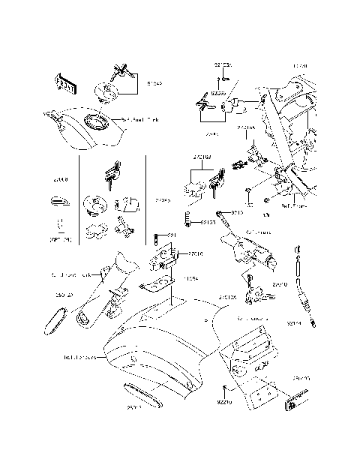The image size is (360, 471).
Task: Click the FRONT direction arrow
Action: pos(64,84)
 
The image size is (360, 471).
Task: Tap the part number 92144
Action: pos(295,324)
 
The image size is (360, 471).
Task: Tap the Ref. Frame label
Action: pos(293,204)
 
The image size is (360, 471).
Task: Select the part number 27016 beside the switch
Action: pos(195,254)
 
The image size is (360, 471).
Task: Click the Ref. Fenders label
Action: pos(79,358)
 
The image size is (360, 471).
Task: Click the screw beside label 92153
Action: pos(187,221)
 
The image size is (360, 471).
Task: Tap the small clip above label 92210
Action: pos(226,387)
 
